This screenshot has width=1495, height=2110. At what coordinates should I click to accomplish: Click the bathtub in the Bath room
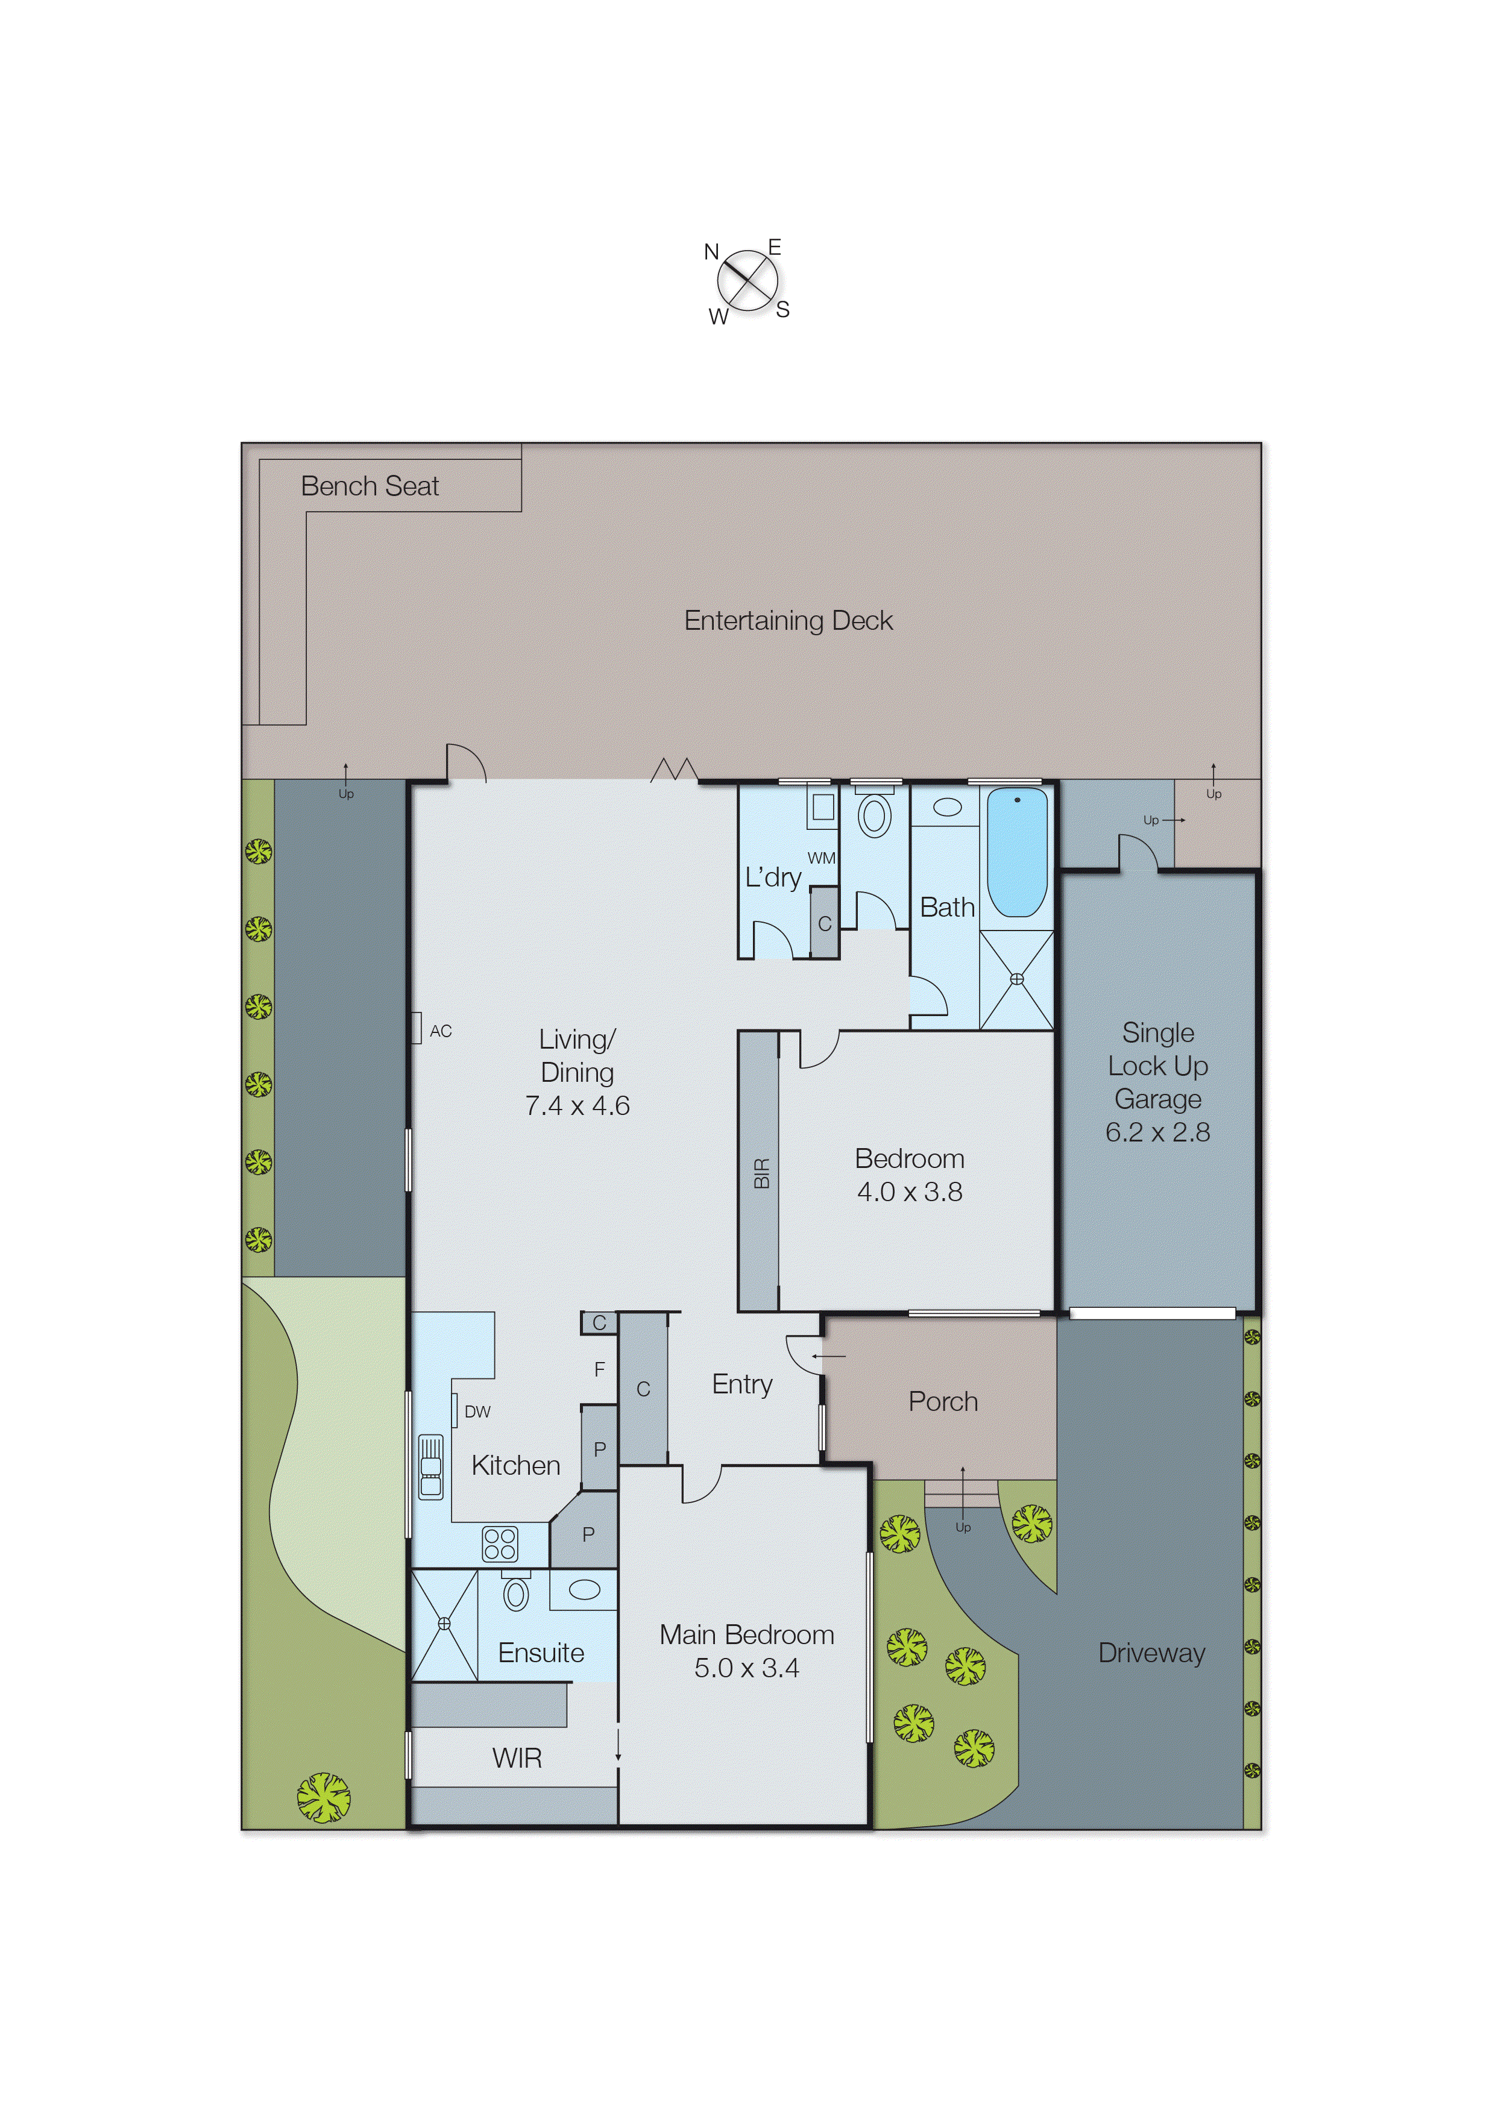[x=1016, y=851]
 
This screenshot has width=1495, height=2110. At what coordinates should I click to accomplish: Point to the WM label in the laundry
[x=821, y=858]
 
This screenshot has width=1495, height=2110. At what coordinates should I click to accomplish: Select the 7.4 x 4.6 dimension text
[x=577, y=1105]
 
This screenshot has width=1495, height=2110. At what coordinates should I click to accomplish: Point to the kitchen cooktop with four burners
[x=500, y=1544]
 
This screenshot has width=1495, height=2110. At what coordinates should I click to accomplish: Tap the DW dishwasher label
[x=477, y=1411]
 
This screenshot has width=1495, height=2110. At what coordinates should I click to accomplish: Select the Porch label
[x=943, y=1401]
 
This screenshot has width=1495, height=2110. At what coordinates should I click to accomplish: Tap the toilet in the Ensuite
[x=517, y=1593]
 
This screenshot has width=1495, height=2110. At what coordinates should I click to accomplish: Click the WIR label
[x=517, y=1759]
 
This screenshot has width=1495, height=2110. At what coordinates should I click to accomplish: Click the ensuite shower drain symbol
[x=444, y=1624]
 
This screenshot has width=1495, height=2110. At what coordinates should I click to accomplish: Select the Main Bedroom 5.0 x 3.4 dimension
[x=746, y=1668]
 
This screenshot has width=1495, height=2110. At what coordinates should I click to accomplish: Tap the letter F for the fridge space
[x=599, y=1369]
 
